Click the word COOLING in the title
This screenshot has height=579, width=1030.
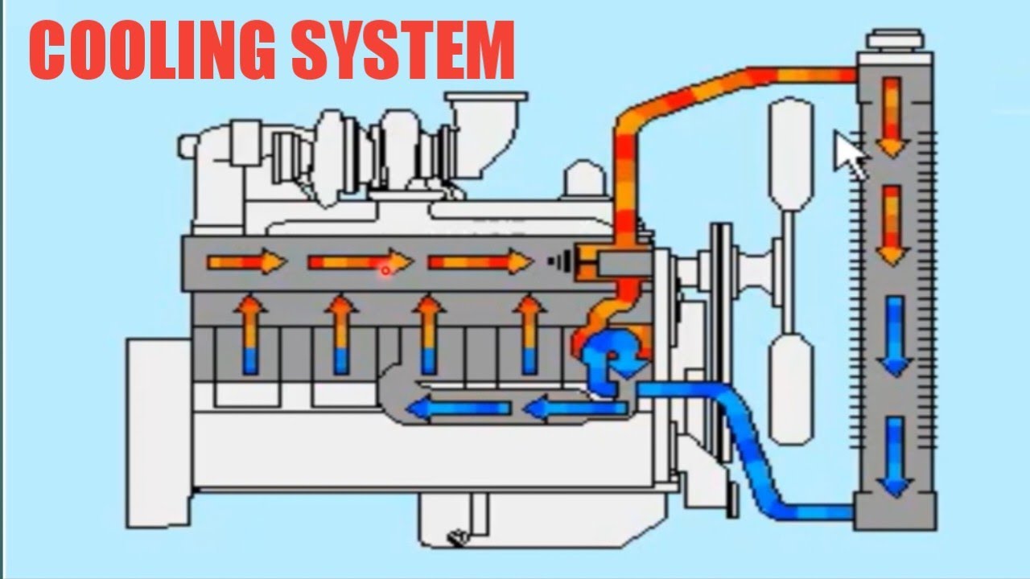point(153,50)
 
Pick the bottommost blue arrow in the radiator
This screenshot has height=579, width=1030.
point(894,457)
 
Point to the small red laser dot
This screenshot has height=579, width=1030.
point(385,271)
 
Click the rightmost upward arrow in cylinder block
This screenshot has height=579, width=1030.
point(529,334)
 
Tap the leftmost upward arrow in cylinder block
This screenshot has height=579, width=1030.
point(250,334)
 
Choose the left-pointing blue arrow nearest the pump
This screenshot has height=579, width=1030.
point(575,409)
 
